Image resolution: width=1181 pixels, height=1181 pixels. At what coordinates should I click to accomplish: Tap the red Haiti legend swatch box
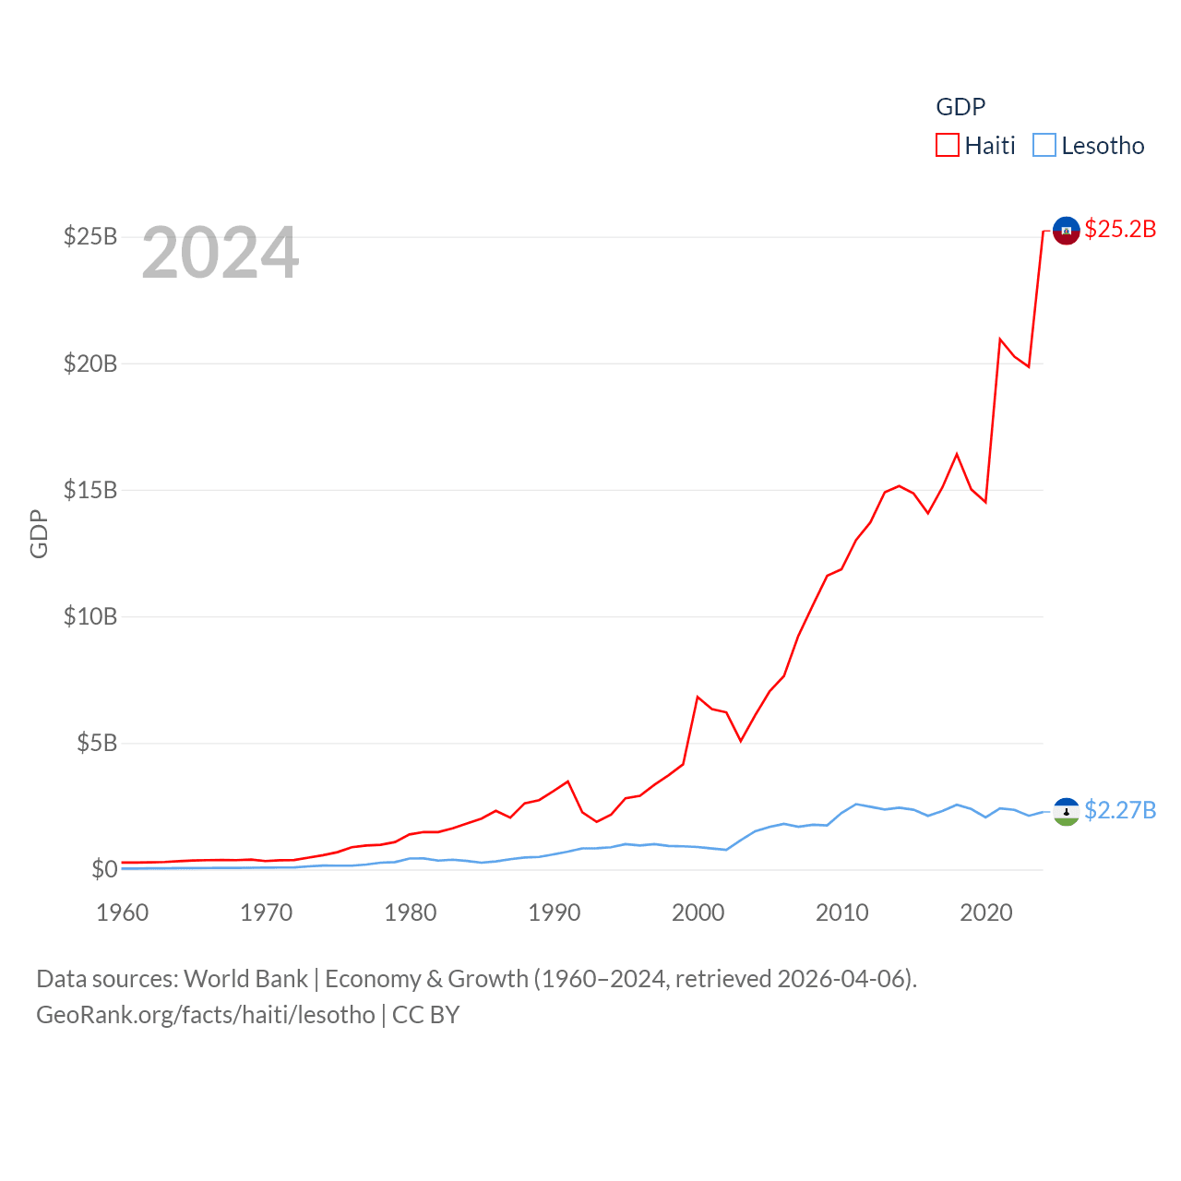[948, 146]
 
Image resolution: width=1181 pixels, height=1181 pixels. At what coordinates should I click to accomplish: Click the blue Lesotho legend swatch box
[1044, 146]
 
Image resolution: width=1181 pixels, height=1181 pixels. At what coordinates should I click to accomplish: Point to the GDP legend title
[960, 107]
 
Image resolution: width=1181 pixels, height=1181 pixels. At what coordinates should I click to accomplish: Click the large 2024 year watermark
[221, 253]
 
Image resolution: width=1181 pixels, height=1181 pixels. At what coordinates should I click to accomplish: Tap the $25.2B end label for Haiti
[1120, 229]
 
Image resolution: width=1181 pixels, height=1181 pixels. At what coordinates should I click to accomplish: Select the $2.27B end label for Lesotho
[1120, 810]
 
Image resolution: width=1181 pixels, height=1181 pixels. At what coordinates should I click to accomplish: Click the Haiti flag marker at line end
[1067, 231]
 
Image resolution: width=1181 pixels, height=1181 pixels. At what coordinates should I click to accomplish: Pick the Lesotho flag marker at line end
[1067, 812]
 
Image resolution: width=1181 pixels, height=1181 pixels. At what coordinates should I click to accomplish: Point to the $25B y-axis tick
[90, 237]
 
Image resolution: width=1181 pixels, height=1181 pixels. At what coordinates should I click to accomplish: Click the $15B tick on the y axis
[90, 490]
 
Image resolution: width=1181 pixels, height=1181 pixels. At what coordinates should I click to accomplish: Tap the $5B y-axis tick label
[97, 743]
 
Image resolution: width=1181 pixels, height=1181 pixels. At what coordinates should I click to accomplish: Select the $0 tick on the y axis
[104, 869]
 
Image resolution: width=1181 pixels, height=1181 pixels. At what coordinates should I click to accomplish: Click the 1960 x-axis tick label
[123, 913]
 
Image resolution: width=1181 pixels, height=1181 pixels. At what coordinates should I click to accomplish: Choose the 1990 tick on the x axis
[555, 913]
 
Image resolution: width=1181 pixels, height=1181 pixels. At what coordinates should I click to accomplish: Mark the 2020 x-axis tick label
[986, 913]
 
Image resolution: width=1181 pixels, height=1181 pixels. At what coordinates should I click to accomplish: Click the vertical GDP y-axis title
[39, 533]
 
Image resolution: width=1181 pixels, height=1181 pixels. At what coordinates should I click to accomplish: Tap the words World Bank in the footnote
[245, 979]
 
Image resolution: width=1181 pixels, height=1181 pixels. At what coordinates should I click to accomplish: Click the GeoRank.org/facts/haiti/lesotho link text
[206, 1015]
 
